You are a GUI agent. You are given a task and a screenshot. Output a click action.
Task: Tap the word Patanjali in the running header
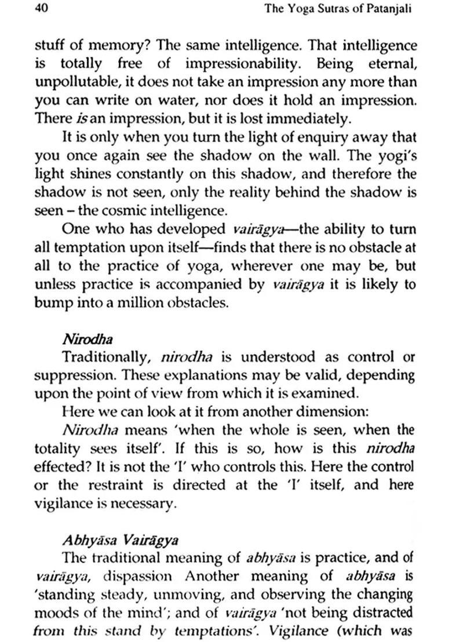(x=387, y=9)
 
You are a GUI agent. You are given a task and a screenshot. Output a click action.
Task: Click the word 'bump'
(x=50, y=302)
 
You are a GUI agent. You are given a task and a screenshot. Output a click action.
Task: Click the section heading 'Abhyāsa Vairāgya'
(x=119, y=540)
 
